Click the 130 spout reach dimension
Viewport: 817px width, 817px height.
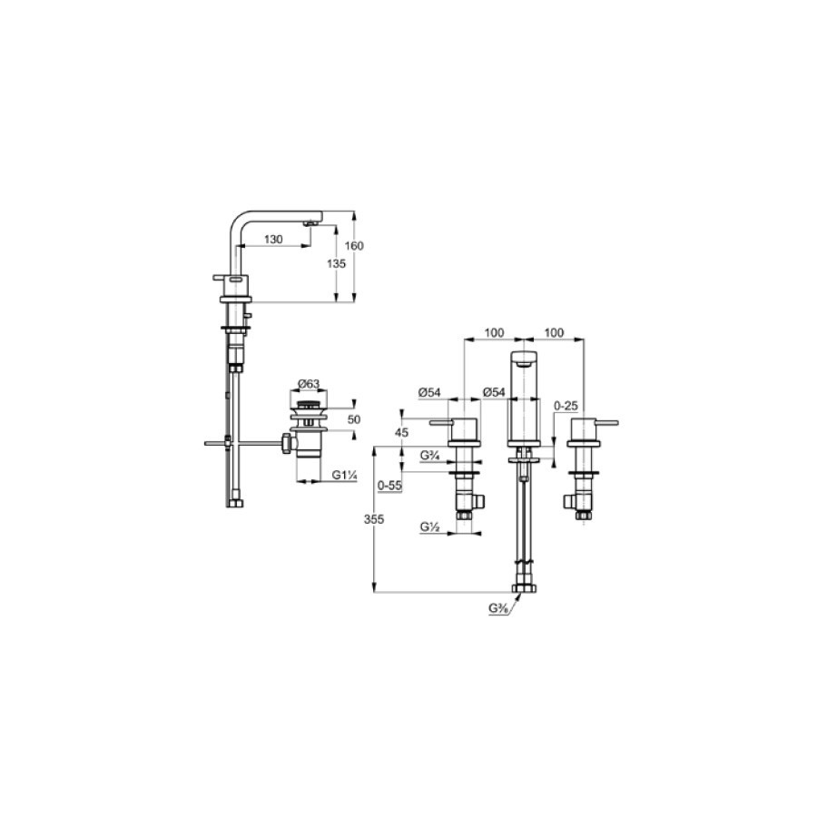coord(273,239)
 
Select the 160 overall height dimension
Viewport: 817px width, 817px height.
coord(354,245)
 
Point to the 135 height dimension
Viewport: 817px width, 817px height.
coord(336,263)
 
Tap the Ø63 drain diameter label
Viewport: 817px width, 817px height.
coord(309,384)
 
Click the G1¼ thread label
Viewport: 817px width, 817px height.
coord(344,475)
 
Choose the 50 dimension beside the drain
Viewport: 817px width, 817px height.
coord(354,419)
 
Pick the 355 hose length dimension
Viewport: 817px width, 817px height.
coord(374,519)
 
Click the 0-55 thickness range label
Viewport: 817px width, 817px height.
coord(389,486)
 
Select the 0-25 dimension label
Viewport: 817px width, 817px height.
coord(566,406)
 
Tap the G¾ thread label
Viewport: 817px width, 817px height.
coord(430,456)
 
